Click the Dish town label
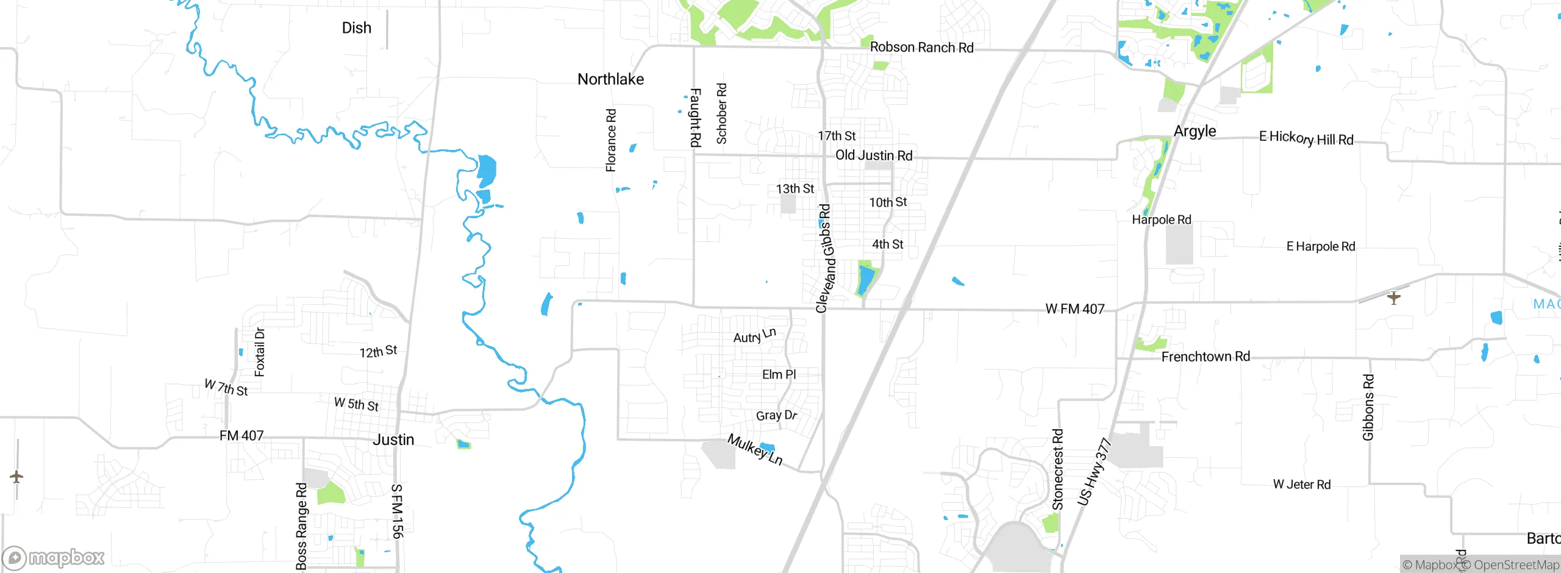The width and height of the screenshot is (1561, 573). pyautogui.click(x=356, y=28)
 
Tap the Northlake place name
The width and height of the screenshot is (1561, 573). pyautogui.click(x=610, y=79)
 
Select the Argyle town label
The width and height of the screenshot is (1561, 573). pyautogui.click(x=1195, y=131)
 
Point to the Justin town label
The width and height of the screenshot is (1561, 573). pyautogui.click(x=393, y=440)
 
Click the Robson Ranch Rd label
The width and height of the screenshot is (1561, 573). pyautogui.click(x=921, y=48)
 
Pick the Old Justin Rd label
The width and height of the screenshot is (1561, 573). pyautogui.click(x=873, y=155)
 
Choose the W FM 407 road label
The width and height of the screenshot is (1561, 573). pyautogui.click(x=1074, y=309)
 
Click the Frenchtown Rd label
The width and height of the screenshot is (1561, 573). pyautogui.click(x=1205, y=357)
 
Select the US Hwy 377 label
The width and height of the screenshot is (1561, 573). pyautogui.click(x=1095, y=471)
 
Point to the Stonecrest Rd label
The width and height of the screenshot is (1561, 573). pyautogui.click(x=1058, y=469)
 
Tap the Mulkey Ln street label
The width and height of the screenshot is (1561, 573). pyautogui.click(x=755, y=449)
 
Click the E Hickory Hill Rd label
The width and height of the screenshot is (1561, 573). pyautogui.click(x=1306, y=138)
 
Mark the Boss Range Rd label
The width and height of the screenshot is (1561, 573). pyautogui.click(x=301, y=526)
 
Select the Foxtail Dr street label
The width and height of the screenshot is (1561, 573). pyautogui.click(x=260, y=352)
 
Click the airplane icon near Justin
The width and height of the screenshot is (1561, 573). pyautogui.click(x=16, y=477)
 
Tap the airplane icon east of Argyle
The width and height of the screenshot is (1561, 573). pyautogui.click(x=1393, y=297)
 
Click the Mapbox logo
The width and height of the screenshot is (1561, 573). pyautogui.click(x=54, y=558)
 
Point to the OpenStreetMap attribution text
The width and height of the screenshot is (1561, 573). pyautogui.click(x=1516, y=565)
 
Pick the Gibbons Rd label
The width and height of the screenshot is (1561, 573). pyautogui.click(x=1368, y=407)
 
